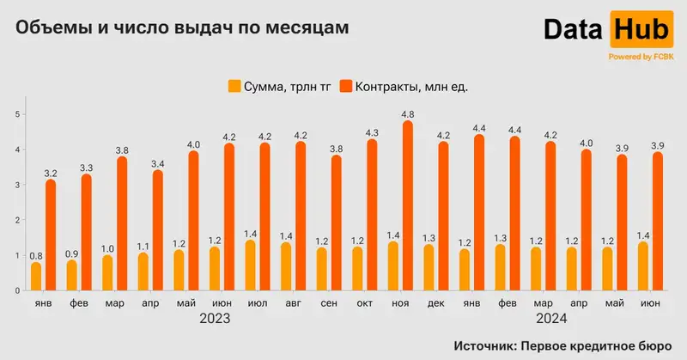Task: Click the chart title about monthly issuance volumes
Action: click(183, 27)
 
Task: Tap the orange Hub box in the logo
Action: click(640, 30)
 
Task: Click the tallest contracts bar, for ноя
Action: click(407, 206)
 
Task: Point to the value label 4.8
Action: click(409, 113)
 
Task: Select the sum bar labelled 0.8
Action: click(36, 277)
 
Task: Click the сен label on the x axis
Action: click(328, 303)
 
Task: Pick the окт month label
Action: click(364, 303)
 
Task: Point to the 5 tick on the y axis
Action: click(16, 113)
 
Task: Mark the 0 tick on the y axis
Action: click(16, 290)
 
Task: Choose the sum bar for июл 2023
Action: click(250, 265)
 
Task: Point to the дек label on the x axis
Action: click(435, 303)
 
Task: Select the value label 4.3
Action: click(373, 132)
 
